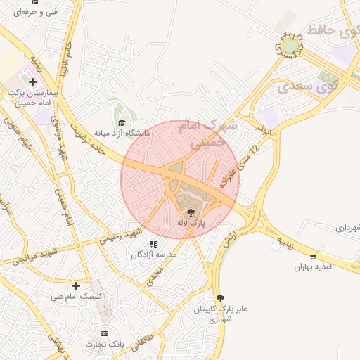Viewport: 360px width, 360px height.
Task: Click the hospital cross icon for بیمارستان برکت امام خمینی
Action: [32, 82]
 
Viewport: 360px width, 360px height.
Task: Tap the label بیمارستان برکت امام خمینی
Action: [31, 98]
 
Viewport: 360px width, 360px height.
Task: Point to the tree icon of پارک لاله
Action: [191, 211]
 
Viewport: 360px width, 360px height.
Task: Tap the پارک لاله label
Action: [191, 222]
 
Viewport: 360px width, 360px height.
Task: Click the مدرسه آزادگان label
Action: [148, 255]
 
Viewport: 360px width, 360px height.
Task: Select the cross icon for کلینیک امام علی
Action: [77, 285]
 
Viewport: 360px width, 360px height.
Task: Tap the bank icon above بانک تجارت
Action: [105, 333]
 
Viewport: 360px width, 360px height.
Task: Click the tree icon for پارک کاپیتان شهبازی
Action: [221, 298]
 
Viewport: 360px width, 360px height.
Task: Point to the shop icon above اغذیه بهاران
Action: [313, 257]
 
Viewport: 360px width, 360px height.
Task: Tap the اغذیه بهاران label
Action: [311, 268]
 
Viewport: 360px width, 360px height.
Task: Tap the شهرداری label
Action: [347, 227]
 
